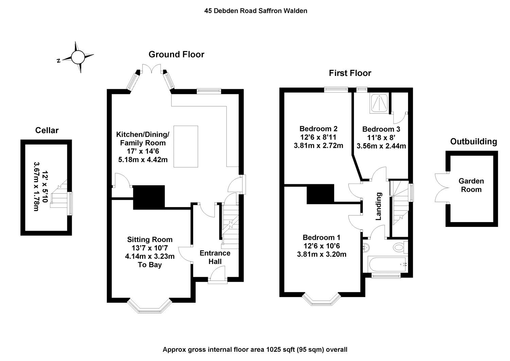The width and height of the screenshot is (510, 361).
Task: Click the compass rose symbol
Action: (78, 57)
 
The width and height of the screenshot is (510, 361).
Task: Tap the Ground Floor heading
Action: (176, 54)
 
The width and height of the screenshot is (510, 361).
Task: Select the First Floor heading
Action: (350, 73)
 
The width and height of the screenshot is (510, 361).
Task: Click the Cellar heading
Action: (47, 130)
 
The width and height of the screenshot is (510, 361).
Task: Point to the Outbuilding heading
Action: (474, 142)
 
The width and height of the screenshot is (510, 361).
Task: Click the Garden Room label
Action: (471, 185)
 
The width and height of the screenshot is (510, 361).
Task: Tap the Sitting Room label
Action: (150, 239)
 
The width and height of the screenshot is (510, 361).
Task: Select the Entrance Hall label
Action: (215, 257)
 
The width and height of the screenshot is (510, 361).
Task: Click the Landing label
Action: (378, 206)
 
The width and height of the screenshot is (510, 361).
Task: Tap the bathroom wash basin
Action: (366, 248)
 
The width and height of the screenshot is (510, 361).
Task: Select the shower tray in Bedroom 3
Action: (379, 103)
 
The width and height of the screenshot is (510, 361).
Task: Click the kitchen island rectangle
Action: (186, 146)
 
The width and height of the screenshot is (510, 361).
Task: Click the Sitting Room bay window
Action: (149, 306)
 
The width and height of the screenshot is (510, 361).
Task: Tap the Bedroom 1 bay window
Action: (321, 300)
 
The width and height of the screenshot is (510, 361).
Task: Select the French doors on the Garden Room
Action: (442, 188)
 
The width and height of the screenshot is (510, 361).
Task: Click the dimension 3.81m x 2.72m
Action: (318, 145)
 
